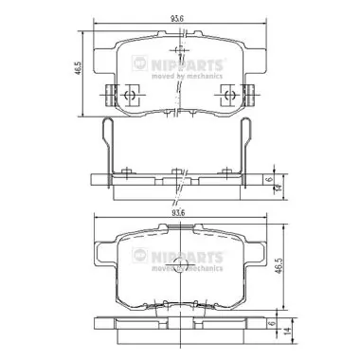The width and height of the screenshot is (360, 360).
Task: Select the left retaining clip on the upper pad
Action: tap(122, 95)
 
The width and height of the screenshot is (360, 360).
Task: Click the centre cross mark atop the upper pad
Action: tap(177, 52)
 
